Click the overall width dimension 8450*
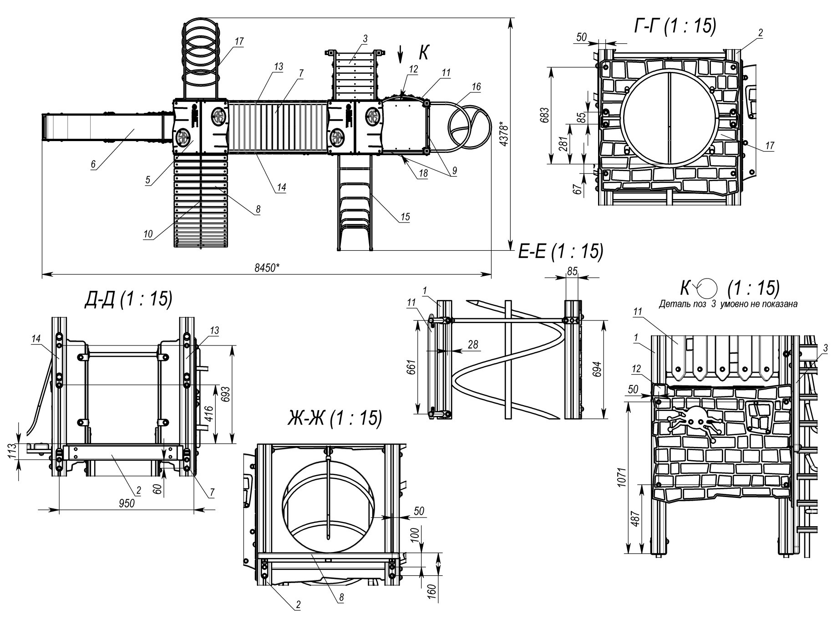pyautogui.click(x=267, y=268)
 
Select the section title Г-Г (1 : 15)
pyautogui.click(x=675, y=26)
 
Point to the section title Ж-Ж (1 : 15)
pyautogui.click(x=335, y=418)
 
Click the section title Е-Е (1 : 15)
pyautogui.click(x=561, y=252)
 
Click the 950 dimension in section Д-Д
pyautogui.click(x=127, y=503)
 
